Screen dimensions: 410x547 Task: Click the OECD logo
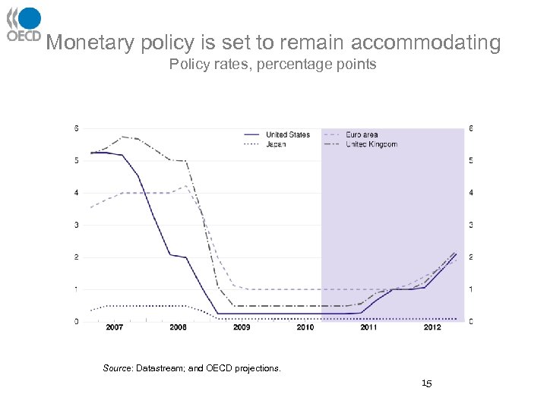(x=24, y=24)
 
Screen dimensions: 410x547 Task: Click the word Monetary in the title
(x=91, y=43)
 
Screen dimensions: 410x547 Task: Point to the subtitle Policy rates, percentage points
(x=273, y=65)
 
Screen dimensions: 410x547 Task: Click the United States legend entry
(x=287, y=135)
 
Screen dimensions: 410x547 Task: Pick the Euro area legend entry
(x=362, y=135)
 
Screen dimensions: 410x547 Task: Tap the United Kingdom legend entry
(x=371, y=144)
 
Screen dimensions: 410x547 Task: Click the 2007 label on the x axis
(x=114, y=328)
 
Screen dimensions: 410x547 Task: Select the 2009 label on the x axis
(x=242, y=328)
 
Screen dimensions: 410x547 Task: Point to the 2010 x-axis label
(x=305, y=328)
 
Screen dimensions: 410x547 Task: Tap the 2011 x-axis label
(x=368, y=328)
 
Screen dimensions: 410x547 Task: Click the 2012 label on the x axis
(x=432, y=328)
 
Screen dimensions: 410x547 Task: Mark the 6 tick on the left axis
(x=76, y=128)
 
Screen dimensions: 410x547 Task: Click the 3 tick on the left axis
(x=76, y=225)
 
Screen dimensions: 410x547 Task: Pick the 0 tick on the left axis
(x=76, y=322)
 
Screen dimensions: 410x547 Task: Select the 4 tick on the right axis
(x=472, y=193)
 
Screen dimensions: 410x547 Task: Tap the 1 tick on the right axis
(x=472, y=290)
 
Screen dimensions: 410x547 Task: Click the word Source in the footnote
(x=117, y=369)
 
